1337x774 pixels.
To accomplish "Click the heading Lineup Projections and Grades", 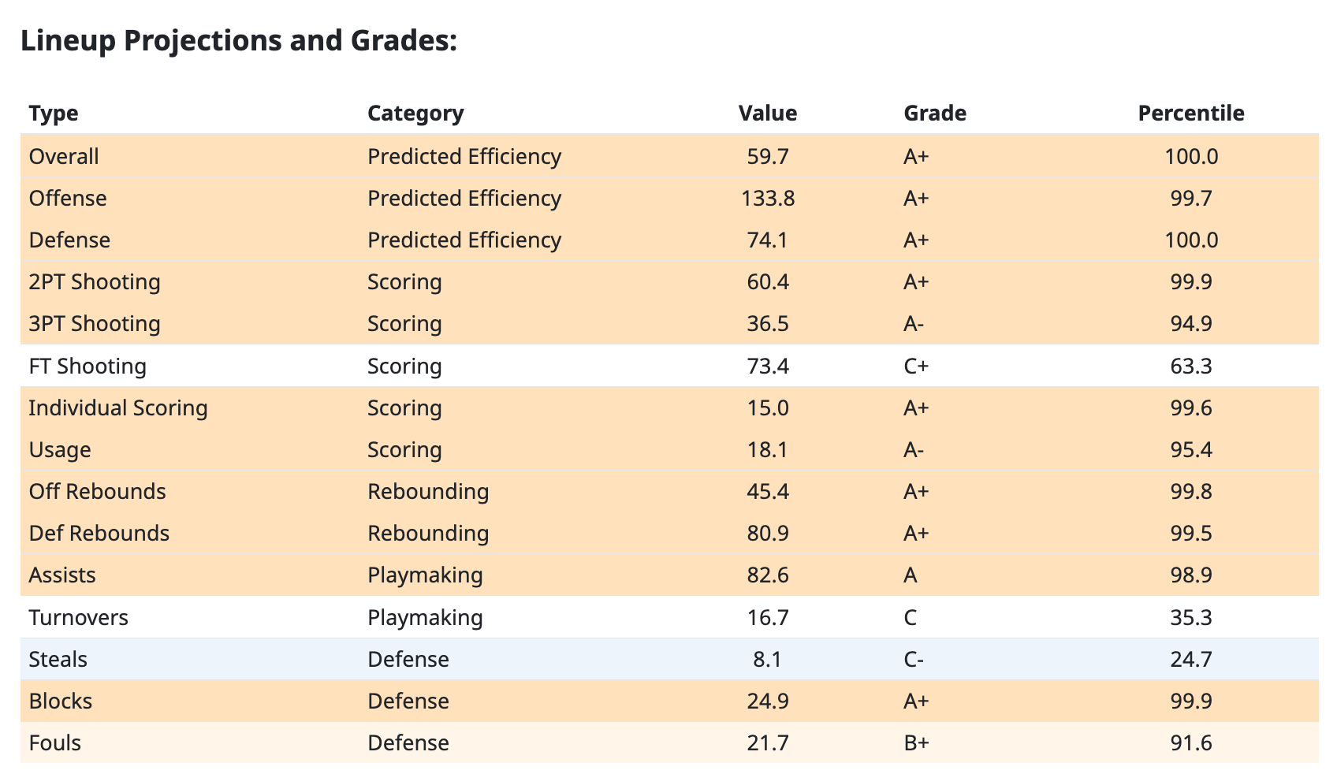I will pos(239,40).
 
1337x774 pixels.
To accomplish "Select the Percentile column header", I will pos(1190,113).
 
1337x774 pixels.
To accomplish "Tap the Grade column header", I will pos(934,113).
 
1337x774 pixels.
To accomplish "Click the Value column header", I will pos(767,113).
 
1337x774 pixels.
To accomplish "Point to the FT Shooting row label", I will pos(88,366).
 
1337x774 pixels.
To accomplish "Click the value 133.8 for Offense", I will pos(767,198).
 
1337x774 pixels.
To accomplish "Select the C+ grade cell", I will pos(916,366).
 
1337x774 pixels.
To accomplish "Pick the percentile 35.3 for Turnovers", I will pos(1190,616).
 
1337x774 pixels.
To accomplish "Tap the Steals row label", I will pos(58,659).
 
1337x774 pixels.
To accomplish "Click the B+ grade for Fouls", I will pos(916,742).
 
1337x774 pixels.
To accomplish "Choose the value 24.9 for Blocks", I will pos(767,701).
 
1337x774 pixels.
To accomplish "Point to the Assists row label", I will pos(62,575).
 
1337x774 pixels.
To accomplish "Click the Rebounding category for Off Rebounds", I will pos(428,491).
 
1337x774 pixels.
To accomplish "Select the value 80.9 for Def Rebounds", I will pos(767,533).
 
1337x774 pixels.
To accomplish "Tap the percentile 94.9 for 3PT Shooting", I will pos(1190,323).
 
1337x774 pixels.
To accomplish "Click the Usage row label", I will pos(60,449).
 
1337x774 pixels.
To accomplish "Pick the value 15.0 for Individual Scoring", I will pos(767,407).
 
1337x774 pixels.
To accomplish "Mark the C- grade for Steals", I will pos(914,659).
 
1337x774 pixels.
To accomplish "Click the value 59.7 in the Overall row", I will pos(767,156).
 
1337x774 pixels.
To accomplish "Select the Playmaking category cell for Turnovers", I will pos(425,616).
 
